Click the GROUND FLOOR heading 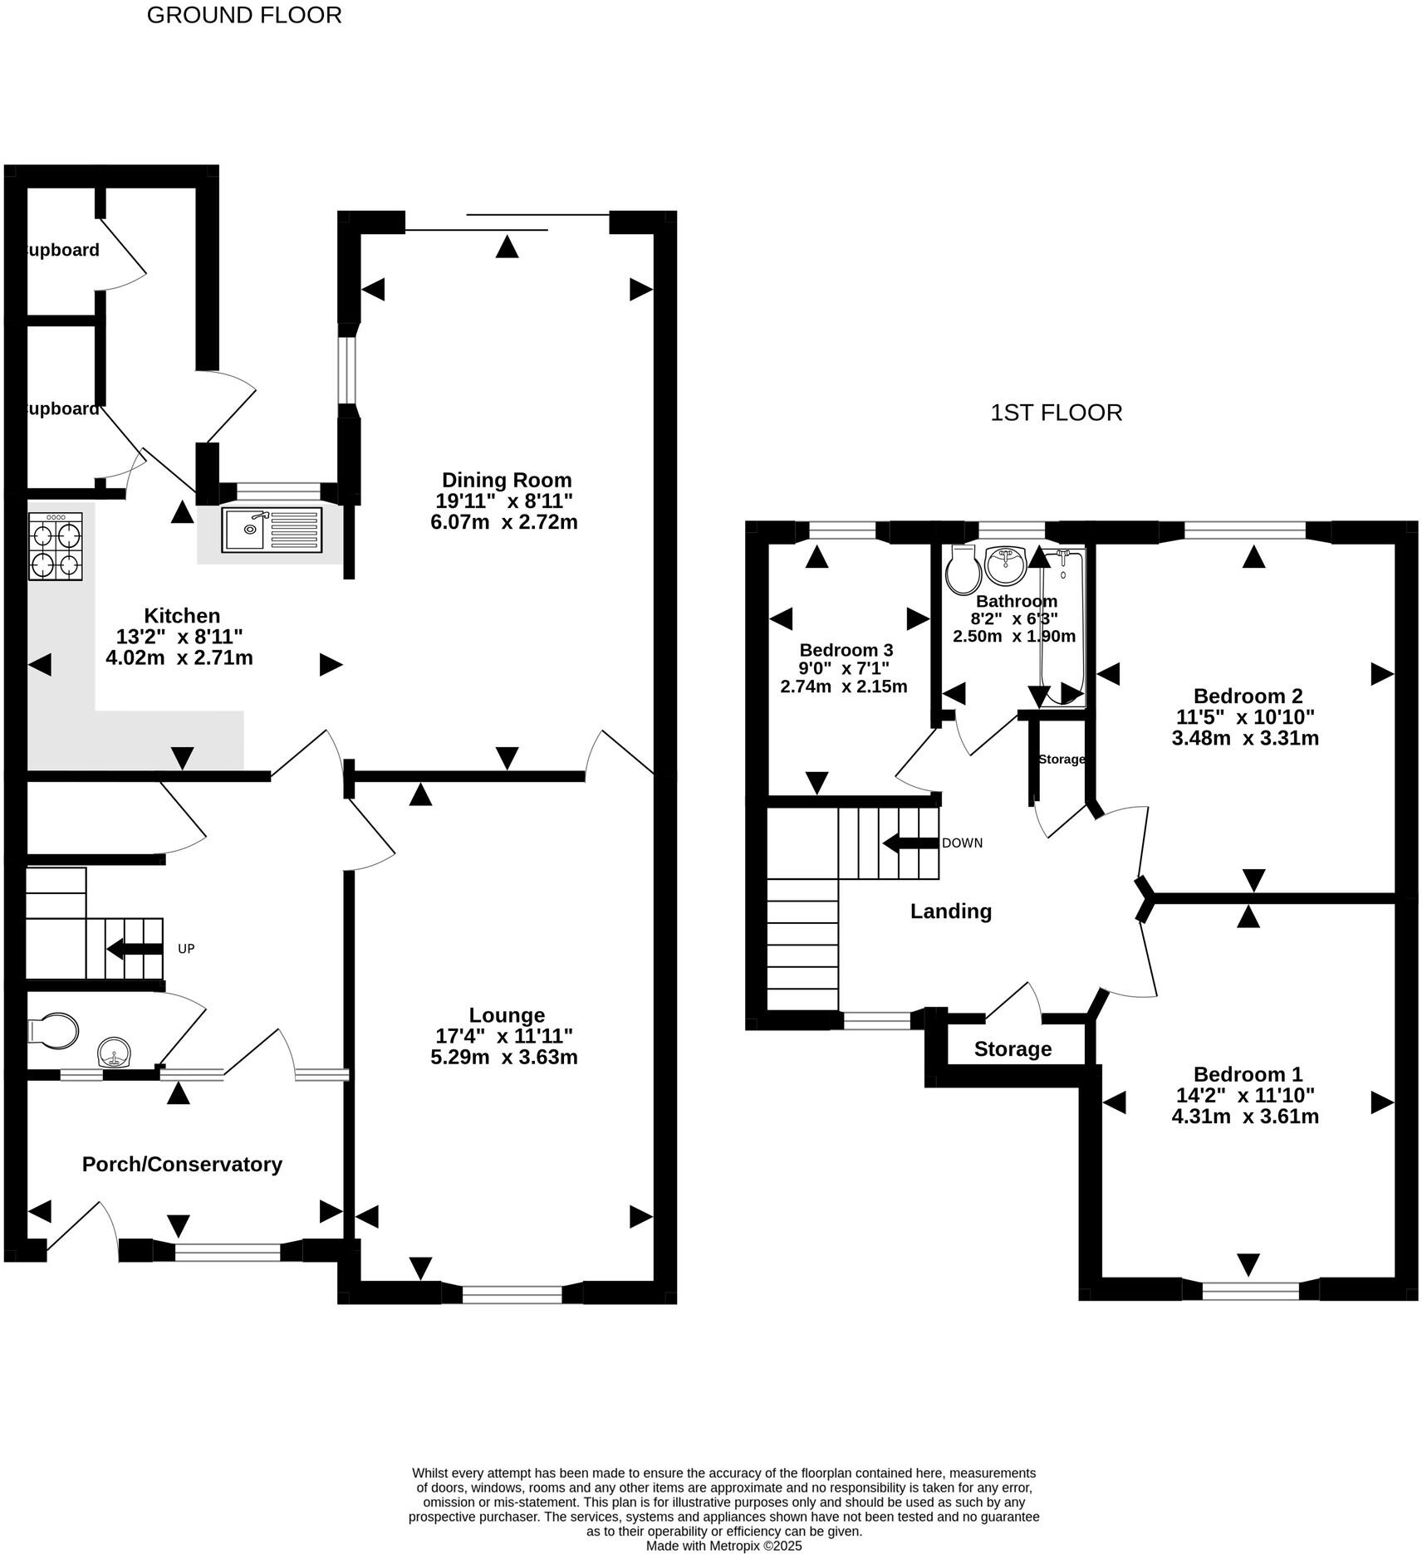click(x=244, y=15)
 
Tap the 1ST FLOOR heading click(x=1056, y=413)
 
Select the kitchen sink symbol click(x=272, y=530)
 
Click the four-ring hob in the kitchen click(x=56, y=546)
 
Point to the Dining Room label click(x=507, y=480)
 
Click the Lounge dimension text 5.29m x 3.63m click(x=507, y=1057)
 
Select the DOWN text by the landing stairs click(x=962, y=843)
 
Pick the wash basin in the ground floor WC click(x=115, y=1053)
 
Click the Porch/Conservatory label click(x=182, y=1164)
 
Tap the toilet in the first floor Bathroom click(x=963, y=569)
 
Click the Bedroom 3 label click(x=846, y=650)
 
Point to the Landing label click(x=951, y=911)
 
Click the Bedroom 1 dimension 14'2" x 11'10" click(x=1245, y=1095)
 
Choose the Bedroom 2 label click(x=1248, y=696)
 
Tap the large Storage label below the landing click(x=1013, y=1049)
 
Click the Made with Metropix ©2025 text click(x=723, y=1546)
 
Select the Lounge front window click(x=512, y=1293)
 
